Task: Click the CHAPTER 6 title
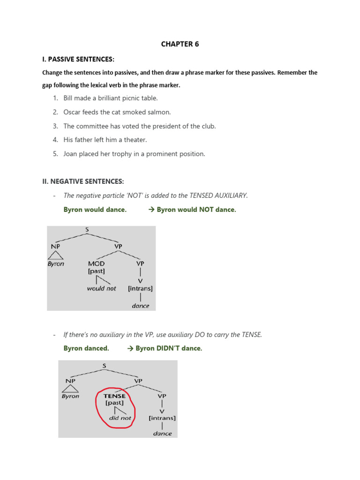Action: [180, 44]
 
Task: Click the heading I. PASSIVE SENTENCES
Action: [78, 59]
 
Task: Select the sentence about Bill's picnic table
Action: [111, 98]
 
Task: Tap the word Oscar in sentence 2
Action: [73, 112]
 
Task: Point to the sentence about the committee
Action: [139, 126]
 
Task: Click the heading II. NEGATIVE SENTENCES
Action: [83, 181]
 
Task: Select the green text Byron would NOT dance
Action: [196, 210]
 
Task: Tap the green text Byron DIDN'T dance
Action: [168, 348]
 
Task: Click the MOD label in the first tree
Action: [96, 263]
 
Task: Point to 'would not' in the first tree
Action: [101, 289]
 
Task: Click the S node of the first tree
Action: [87, 230]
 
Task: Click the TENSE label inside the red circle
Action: [114, 396]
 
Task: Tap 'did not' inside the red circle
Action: [120, 418]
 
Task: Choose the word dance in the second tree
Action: [162, 434]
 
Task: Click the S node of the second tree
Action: [104, 365]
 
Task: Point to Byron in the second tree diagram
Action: [71, 396]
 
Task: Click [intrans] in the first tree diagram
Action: [140, 289]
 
